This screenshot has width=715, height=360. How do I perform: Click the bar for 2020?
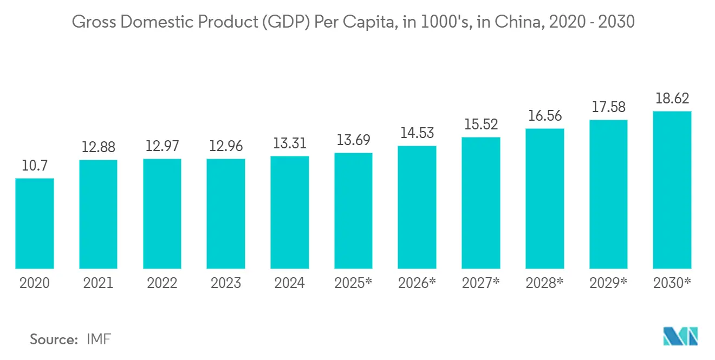point(35,223)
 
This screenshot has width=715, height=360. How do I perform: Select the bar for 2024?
point(290,212)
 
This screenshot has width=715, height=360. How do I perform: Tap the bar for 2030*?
point(672,189)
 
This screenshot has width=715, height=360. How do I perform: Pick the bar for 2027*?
point(481,202)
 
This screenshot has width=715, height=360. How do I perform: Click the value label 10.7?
point(35,166)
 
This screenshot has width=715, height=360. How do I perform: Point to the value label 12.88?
point(98,147)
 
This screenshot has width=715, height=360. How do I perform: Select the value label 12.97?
point(162,146)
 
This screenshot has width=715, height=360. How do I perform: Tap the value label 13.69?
point(353,140)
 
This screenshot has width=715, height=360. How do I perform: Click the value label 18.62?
point(672,99)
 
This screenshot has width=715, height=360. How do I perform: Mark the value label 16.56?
point(544,116)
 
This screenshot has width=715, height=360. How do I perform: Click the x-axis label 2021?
point(98,283)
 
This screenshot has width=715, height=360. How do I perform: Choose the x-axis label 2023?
point(226,283)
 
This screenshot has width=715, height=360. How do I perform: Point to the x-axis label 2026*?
point(417,283)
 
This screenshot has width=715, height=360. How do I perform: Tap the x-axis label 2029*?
point(608,283)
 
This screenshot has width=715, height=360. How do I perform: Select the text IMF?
point(99,339)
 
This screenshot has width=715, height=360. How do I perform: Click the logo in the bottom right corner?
point(680,336)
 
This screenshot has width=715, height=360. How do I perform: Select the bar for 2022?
point(162,213)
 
